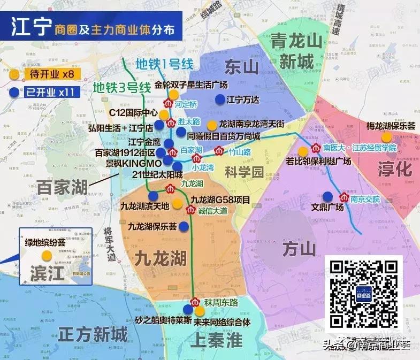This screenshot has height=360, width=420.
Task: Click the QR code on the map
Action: [x=363, y=294]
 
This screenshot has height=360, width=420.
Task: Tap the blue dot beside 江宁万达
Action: [x=219, y=99]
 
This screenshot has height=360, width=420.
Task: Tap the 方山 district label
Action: [x=296, y=249]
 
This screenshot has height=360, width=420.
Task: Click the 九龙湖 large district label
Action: [x=161, y=258]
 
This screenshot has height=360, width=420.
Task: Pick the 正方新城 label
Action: [x=94, y=335]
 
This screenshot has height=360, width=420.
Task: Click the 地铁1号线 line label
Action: [x=164, y=64]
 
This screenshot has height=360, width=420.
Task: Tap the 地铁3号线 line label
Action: [x=122, y=87]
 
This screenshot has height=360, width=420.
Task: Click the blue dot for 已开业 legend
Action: [x=14, y=92]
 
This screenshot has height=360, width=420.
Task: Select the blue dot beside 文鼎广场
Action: [x=327, y=196]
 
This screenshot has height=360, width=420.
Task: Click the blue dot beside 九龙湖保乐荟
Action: [x=184, y=226]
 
